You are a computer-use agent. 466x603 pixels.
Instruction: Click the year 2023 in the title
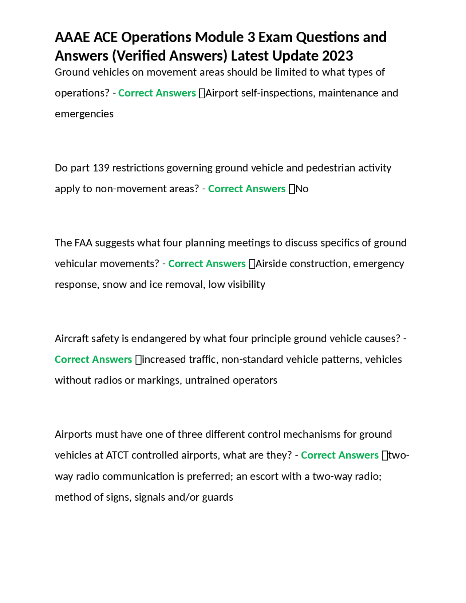click(x=337, y=56)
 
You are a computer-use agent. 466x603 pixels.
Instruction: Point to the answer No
click(x=302, y=189)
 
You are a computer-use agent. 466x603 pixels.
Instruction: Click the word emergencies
click(x=84, y=114)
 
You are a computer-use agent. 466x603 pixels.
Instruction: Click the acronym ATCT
click(x=117, y=455)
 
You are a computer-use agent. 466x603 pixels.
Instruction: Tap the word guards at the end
click(x=217, y=497)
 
